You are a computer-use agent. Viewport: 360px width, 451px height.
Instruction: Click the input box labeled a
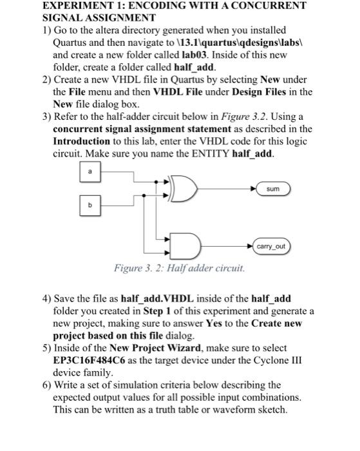[x=90, y=172]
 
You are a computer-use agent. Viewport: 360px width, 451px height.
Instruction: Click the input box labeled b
[x=90, y=206]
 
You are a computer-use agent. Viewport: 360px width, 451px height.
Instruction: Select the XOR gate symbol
[x=184, y=189]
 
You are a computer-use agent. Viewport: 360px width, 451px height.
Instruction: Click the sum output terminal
[x=273, y=189]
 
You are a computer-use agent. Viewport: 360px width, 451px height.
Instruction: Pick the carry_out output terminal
[x=271, y=247]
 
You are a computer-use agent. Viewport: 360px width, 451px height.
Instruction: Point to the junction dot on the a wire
[x=156, y=182]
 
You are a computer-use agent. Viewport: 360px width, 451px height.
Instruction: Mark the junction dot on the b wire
[x=144, y=196]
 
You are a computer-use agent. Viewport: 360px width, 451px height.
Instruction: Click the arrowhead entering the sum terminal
[x=253, y=189]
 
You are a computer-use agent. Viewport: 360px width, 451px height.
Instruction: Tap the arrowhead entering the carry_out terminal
[x=250, y=247]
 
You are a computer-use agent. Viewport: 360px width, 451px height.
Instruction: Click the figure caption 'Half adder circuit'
[x=205, y=268]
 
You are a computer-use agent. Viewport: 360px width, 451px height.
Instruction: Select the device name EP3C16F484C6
[x=89, y=360]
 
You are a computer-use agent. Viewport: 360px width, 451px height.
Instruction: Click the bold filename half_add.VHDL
[x=157, y=299]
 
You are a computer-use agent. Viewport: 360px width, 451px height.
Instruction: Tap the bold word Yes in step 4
[x=214, y=323]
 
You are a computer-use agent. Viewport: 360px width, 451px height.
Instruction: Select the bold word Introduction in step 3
[x=81, y=141]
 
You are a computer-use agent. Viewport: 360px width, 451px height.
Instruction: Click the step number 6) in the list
[x=47, y=385]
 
